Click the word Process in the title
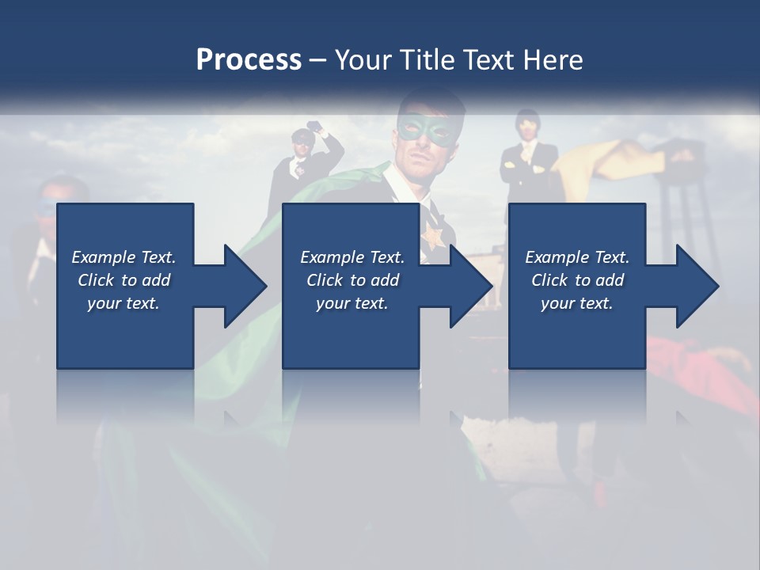pos(249,60)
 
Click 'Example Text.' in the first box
pos(123,257)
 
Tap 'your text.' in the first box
pos(123,303)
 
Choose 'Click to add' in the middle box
pos(352,280)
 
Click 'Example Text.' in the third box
pos(577,257)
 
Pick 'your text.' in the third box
pos(577,303)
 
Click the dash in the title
pos(317,60)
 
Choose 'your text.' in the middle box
pos(352,303)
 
